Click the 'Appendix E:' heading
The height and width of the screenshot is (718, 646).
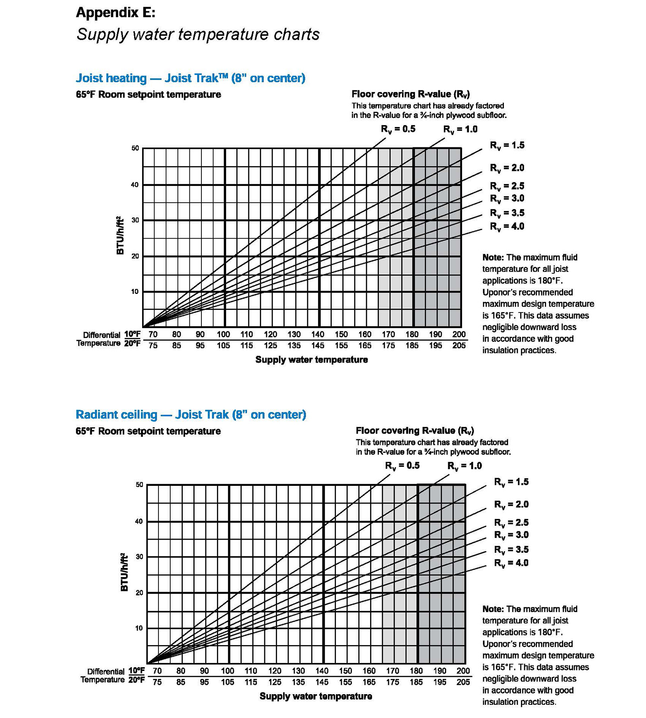(x=115, y=13)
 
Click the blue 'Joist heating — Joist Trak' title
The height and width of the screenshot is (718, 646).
(x=190, y=78)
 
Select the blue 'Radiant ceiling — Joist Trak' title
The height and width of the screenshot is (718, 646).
(x=191, y=415)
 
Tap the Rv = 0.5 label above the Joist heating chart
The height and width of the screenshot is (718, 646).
(x=398, y=129)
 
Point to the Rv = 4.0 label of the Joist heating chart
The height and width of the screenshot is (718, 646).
(x=507, y=227)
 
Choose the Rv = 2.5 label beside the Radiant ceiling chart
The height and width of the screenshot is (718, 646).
(x=511, y=523)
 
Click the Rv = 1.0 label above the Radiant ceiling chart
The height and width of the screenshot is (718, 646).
(x=464, y=466)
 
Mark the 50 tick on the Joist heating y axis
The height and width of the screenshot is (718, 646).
(x=135, y=148)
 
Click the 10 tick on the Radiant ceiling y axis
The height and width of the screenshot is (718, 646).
(x=139, y=628)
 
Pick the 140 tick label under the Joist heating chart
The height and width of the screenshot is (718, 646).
(x=318, y=335)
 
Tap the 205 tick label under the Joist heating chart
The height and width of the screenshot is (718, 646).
(x=459, y=346)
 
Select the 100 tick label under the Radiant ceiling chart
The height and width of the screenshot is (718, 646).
(x=228, y=671)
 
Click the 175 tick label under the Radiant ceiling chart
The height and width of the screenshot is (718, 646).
(x=392, y=682)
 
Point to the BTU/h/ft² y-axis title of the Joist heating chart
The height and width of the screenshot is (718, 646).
(x=120, y=235)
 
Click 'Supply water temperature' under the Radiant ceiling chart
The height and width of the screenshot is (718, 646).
(x=316, y=696)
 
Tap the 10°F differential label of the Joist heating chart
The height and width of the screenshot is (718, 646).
(x=132, y=334)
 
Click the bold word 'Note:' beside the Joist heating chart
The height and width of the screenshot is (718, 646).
(x=493, y=257)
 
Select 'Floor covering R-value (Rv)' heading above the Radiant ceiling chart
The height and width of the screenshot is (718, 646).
(x=415, y=430)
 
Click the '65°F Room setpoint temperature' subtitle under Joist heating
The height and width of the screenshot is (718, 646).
(x=148, y=94)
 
